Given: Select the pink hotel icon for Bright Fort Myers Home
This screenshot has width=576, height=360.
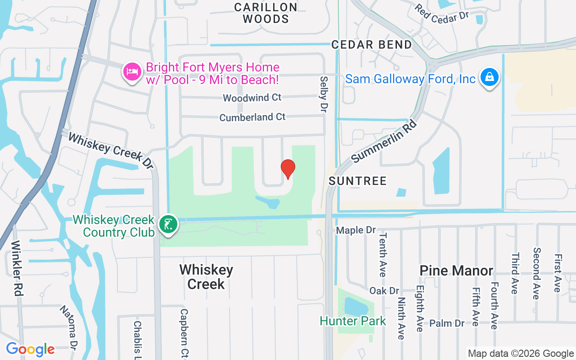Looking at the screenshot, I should click(132, 72).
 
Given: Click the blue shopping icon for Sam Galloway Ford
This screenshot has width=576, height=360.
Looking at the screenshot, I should click(489, 78).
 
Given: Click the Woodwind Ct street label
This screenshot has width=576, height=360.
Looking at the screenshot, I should click(252, 98).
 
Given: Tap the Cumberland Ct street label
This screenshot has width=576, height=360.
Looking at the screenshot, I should click(252, 117).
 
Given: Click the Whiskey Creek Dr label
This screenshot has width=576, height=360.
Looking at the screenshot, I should click(111, 150).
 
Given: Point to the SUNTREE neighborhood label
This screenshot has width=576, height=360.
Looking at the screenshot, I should click(358, 181).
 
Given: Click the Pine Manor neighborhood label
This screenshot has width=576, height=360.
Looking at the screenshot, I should click(456, 270).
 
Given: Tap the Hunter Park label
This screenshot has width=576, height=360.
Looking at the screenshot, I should click(353, 321).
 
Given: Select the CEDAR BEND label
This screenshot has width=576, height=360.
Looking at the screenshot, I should click(372, 45).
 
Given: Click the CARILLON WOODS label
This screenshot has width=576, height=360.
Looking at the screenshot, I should click(266, 13).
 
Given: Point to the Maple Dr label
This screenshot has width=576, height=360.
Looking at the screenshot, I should click(356, 230).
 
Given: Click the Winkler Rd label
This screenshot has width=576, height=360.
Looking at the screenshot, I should click(17, 268).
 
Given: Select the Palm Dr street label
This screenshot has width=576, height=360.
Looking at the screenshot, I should click(446, 324).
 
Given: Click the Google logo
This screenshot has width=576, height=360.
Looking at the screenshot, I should click(30, 349).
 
